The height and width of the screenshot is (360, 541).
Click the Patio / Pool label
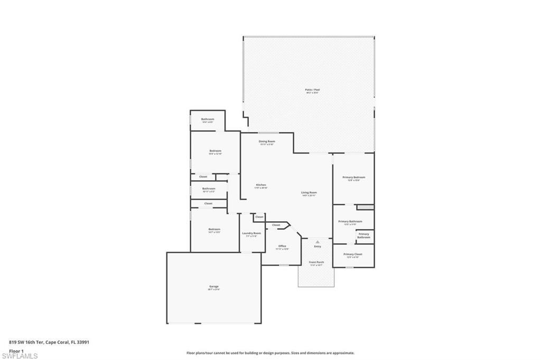click(x=312, y=90)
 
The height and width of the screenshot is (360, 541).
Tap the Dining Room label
click(x=267, y=141)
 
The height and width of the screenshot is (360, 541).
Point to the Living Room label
click(x=309, y=193)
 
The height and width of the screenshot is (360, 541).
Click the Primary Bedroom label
click(x=353, y=177)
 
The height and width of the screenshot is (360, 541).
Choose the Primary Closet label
click(x=353, y=254)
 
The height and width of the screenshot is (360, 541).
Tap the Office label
click(x=282, y=246)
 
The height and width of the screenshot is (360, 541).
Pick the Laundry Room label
click(x=251, y=233)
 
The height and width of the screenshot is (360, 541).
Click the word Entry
click(x=318, y=247)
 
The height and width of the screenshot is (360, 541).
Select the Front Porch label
click(x=316, y=262)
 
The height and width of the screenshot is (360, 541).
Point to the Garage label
click(x=213, y=287)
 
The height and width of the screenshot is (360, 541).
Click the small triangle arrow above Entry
click(x=318, y=242)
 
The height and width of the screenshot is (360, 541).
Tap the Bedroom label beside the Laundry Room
click(x=214, y=229)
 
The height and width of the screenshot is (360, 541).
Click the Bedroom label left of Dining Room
click(x=215, y=151)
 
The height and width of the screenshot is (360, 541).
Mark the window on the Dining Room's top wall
click(x=268, y=132)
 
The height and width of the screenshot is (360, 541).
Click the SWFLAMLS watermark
click(x=19, y=356)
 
